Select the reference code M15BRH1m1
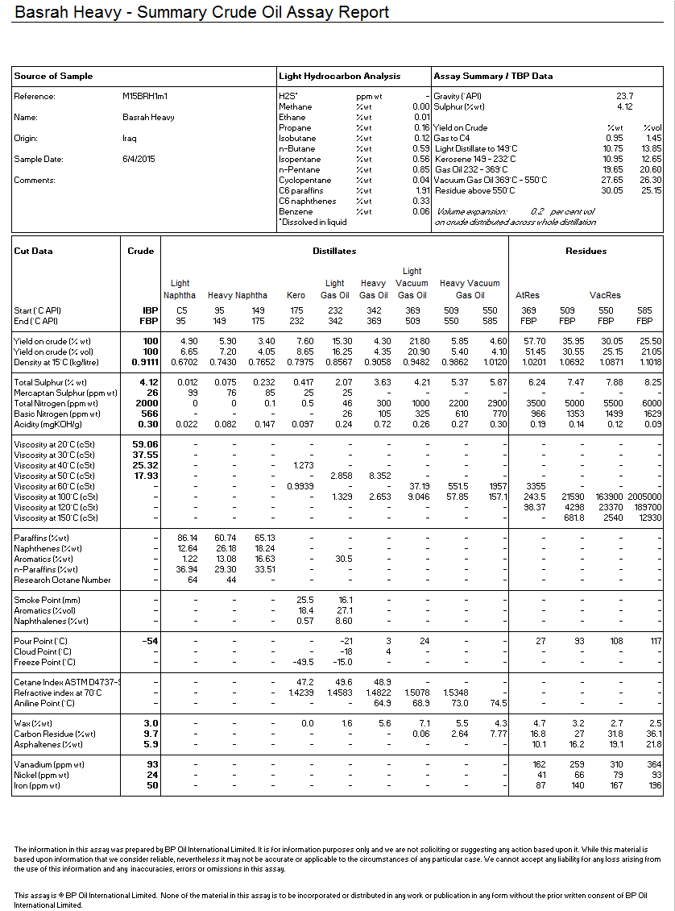point(146,97)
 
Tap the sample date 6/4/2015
point(139,160)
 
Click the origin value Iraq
point(129,139)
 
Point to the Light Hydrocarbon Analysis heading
point(339,77)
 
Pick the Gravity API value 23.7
point(624,97)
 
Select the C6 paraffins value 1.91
point(421,191)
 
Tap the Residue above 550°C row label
point(474,191)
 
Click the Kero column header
point(296,296)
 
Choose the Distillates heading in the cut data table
point(334,252)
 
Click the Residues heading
point(586,252)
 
